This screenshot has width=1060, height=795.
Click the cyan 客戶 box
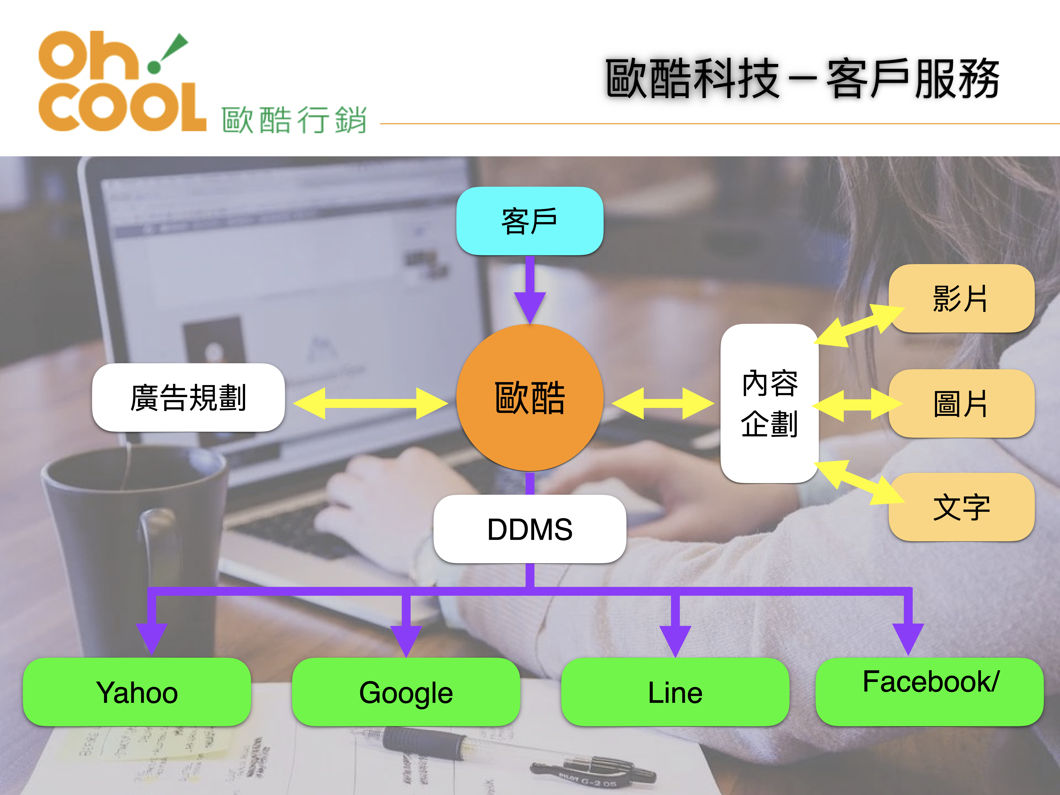click(530, 221)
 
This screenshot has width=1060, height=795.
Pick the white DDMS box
click(530, 529)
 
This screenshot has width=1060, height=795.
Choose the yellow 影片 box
click(961, 298)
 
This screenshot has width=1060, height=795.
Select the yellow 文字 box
click(961, 507)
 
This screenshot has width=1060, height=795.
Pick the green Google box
click(406, 692)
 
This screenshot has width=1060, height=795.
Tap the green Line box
click(675, 692)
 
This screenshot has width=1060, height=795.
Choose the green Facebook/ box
click(930, 692)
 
